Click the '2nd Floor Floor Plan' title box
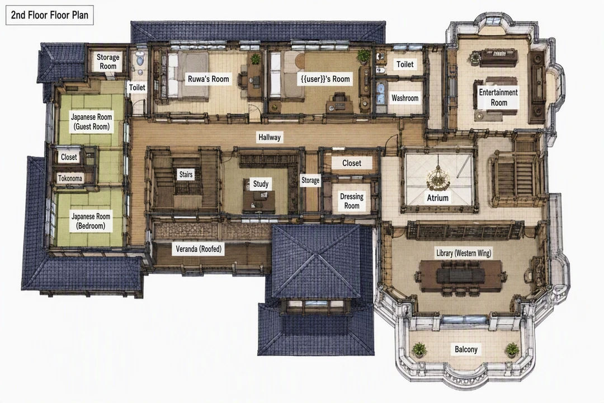[50, 16]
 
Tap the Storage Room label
[108, 62]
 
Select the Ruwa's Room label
[209, 79]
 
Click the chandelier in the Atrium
[438, 178]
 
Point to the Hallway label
[269, 137]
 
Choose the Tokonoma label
[70, 178]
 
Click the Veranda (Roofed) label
[199, 249]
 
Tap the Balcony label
[466, 349]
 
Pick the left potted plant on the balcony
[419, 350]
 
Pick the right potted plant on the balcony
[512, 350]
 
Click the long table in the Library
[460, 276]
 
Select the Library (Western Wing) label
[464, 254]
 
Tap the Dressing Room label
[352, 201]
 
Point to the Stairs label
[186, 174]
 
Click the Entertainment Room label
[498, 97]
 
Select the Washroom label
[405, 98]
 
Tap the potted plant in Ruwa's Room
[256, 59]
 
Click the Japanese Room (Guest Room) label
[91, 122]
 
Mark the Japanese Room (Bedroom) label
[91, 221]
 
